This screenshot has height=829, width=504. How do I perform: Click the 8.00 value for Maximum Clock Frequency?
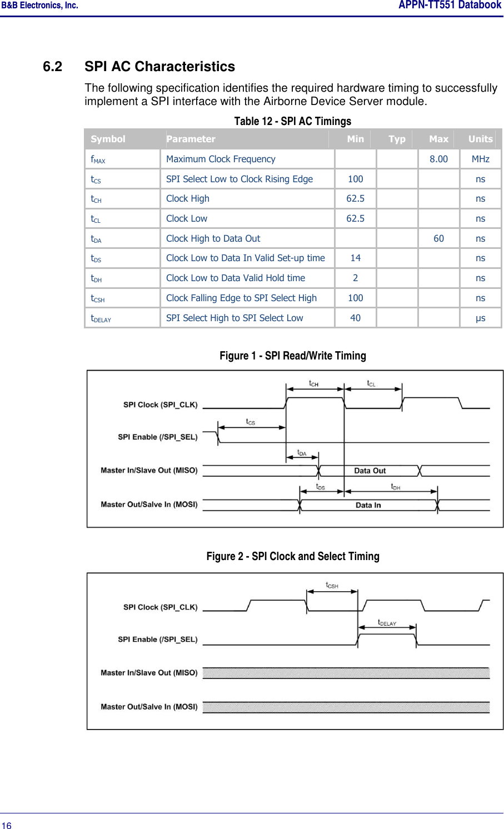438,159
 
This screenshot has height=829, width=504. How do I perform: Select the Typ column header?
397,139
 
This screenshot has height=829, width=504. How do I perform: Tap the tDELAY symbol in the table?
101,318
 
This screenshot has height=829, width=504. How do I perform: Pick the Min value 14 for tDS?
355,258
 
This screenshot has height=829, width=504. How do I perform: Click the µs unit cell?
480,318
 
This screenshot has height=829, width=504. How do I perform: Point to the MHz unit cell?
480,159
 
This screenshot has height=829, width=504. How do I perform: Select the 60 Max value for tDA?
438,238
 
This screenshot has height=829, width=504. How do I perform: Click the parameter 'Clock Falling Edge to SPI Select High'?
241,298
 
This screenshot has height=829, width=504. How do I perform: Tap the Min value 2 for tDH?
355,278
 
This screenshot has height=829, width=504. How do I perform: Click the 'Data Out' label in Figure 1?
370,471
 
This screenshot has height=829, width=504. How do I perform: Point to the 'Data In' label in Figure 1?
368,505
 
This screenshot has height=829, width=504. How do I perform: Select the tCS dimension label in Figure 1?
251,422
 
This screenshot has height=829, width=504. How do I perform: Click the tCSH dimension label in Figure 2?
332,585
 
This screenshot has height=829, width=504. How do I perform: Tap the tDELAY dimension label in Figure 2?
387,622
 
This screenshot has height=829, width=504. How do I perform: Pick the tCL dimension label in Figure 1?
371,383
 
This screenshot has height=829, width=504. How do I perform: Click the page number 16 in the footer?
6,825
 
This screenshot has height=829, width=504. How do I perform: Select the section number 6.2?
52,67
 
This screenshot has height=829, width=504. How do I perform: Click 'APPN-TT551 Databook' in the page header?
450,6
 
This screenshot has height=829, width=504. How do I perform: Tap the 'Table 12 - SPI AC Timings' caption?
292,121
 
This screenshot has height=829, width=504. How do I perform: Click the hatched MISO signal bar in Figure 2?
346,673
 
